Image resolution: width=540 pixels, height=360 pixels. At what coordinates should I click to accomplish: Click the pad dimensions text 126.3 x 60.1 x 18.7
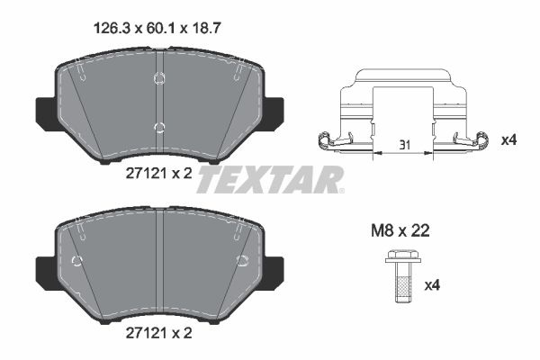[157, 28]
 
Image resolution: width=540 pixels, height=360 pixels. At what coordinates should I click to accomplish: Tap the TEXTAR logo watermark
[270, 179]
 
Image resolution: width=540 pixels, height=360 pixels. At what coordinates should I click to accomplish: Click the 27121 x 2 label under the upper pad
[158, 174]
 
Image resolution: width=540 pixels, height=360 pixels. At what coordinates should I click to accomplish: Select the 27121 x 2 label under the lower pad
[158, 333]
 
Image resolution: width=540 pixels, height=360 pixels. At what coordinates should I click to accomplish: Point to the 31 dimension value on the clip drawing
[404, 145]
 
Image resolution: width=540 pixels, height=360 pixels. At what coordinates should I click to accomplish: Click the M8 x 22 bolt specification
[400, 230]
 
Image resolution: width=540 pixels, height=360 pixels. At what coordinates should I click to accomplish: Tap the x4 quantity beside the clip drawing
[508, 140]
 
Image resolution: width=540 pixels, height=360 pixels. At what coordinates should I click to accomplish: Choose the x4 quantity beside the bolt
[432, 285]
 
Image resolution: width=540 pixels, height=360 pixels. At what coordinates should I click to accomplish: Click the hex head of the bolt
[402, 256]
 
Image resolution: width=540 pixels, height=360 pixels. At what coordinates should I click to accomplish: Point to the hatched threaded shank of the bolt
[402, 289]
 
